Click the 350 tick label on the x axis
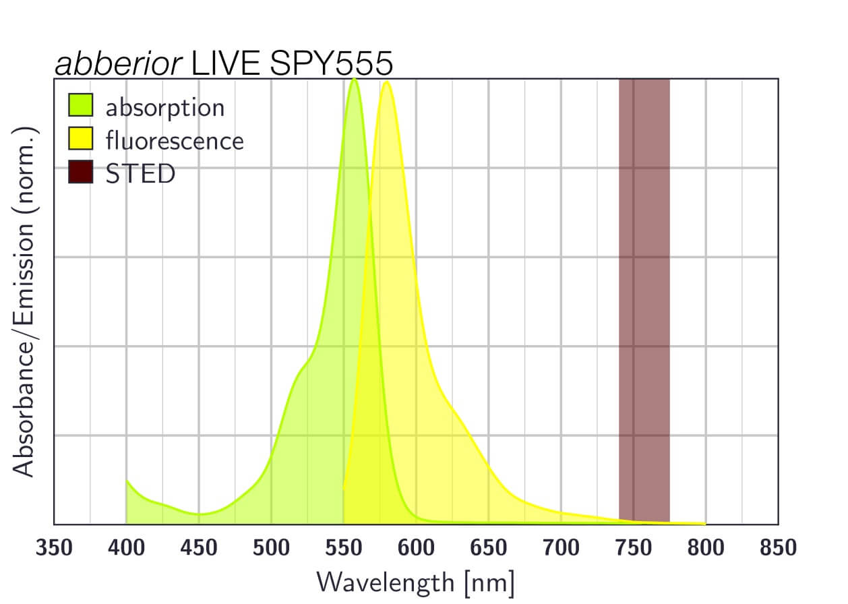pyautogui.click(x=54, y=548)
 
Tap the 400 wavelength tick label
pyautogui.click(x=126, y=548)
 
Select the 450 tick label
pyautogui.click(x=199, y=548)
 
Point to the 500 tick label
pyautogui.click(x=271, y=548)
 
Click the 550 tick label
pyautogui.click(x=344, y=548)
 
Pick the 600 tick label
pyautogui.click(x=416, y=548)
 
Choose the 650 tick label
pyautogui.click(x=489, y=548)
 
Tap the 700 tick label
pyautogui.click(x=561, y=548)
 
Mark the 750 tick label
pyautogui.click(x=634, y=548)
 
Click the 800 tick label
pyautogui.click(x=706, y=548)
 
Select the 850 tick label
pyautogui.click(x=778, y=548)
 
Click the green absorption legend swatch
pyautogui.click(x=80, y=107)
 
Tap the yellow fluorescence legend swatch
pyautogui.click(x=80, y=140)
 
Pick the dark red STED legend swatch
pyautogui.click(x=80, y=173)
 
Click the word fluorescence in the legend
pyautogui.click(x=175, y=140)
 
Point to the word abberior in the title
pyautogui.click(x=119, y=64)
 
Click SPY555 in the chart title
pyautogui.click(x=330, y=64)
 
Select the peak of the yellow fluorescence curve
pyautogui.click(x=386, y=82)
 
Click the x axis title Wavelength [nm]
pyautogui.click(x=415, y=581)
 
